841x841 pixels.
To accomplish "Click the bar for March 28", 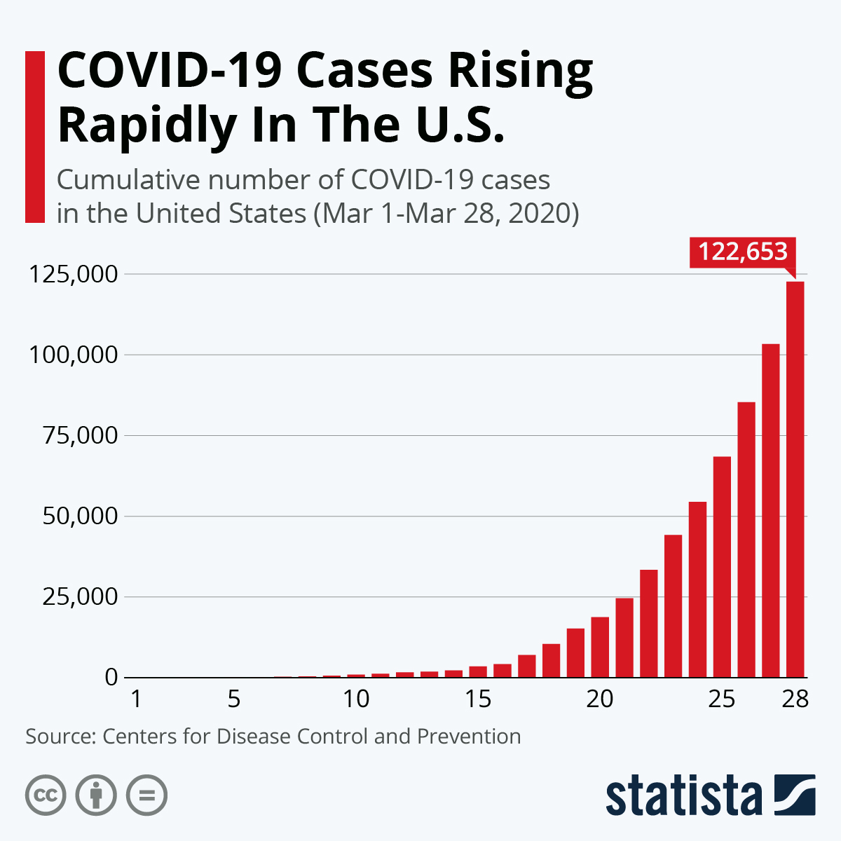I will click(795, 479).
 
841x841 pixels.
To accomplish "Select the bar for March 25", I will click(722, 567).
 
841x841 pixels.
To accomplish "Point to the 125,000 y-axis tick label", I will click(72, 274).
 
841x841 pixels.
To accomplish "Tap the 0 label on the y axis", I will click(111, 678).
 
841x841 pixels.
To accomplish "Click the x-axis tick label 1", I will click(137, 699).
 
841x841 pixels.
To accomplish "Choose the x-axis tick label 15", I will click(477, 699).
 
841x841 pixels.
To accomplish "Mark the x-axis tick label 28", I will click(795, 699).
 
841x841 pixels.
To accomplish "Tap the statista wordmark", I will click(683, 796).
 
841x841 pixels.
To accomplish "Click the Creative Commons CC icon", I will click(46, 795).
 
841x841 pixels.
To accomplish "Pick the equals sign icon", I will click(146, 795).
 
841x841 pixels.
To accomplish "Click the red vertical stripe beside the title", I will click(34, 137).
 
